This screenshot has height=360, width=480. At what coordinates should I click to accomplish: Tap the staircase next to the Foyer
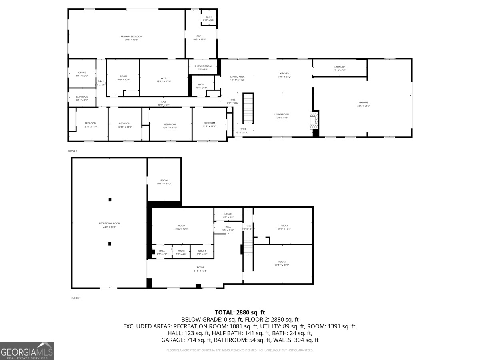point(248,108)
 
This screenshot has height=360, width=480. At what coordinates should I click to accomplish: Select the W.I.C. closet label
point(164,80)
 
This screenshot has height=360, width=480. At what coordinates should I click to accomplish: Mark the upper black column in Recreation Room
point(110,199)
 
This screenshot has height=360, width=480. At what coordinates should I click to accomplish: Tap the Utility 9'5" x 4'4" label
point(228,216)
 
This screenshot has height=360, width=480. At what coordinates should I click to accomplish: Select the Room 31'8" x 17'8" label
point(200,269)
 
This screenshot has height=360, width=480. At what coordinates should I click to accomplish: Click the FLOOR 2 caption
point(72,151)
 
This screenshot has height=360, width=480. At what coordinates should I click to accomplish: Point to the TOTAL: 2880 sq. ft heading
point(240,312)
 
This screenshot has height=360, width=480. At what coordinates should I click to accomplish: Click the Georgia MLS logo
point(27,351)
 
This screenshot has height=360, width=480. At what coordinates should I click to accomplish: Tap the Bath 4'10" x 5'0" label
point(208,18)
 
